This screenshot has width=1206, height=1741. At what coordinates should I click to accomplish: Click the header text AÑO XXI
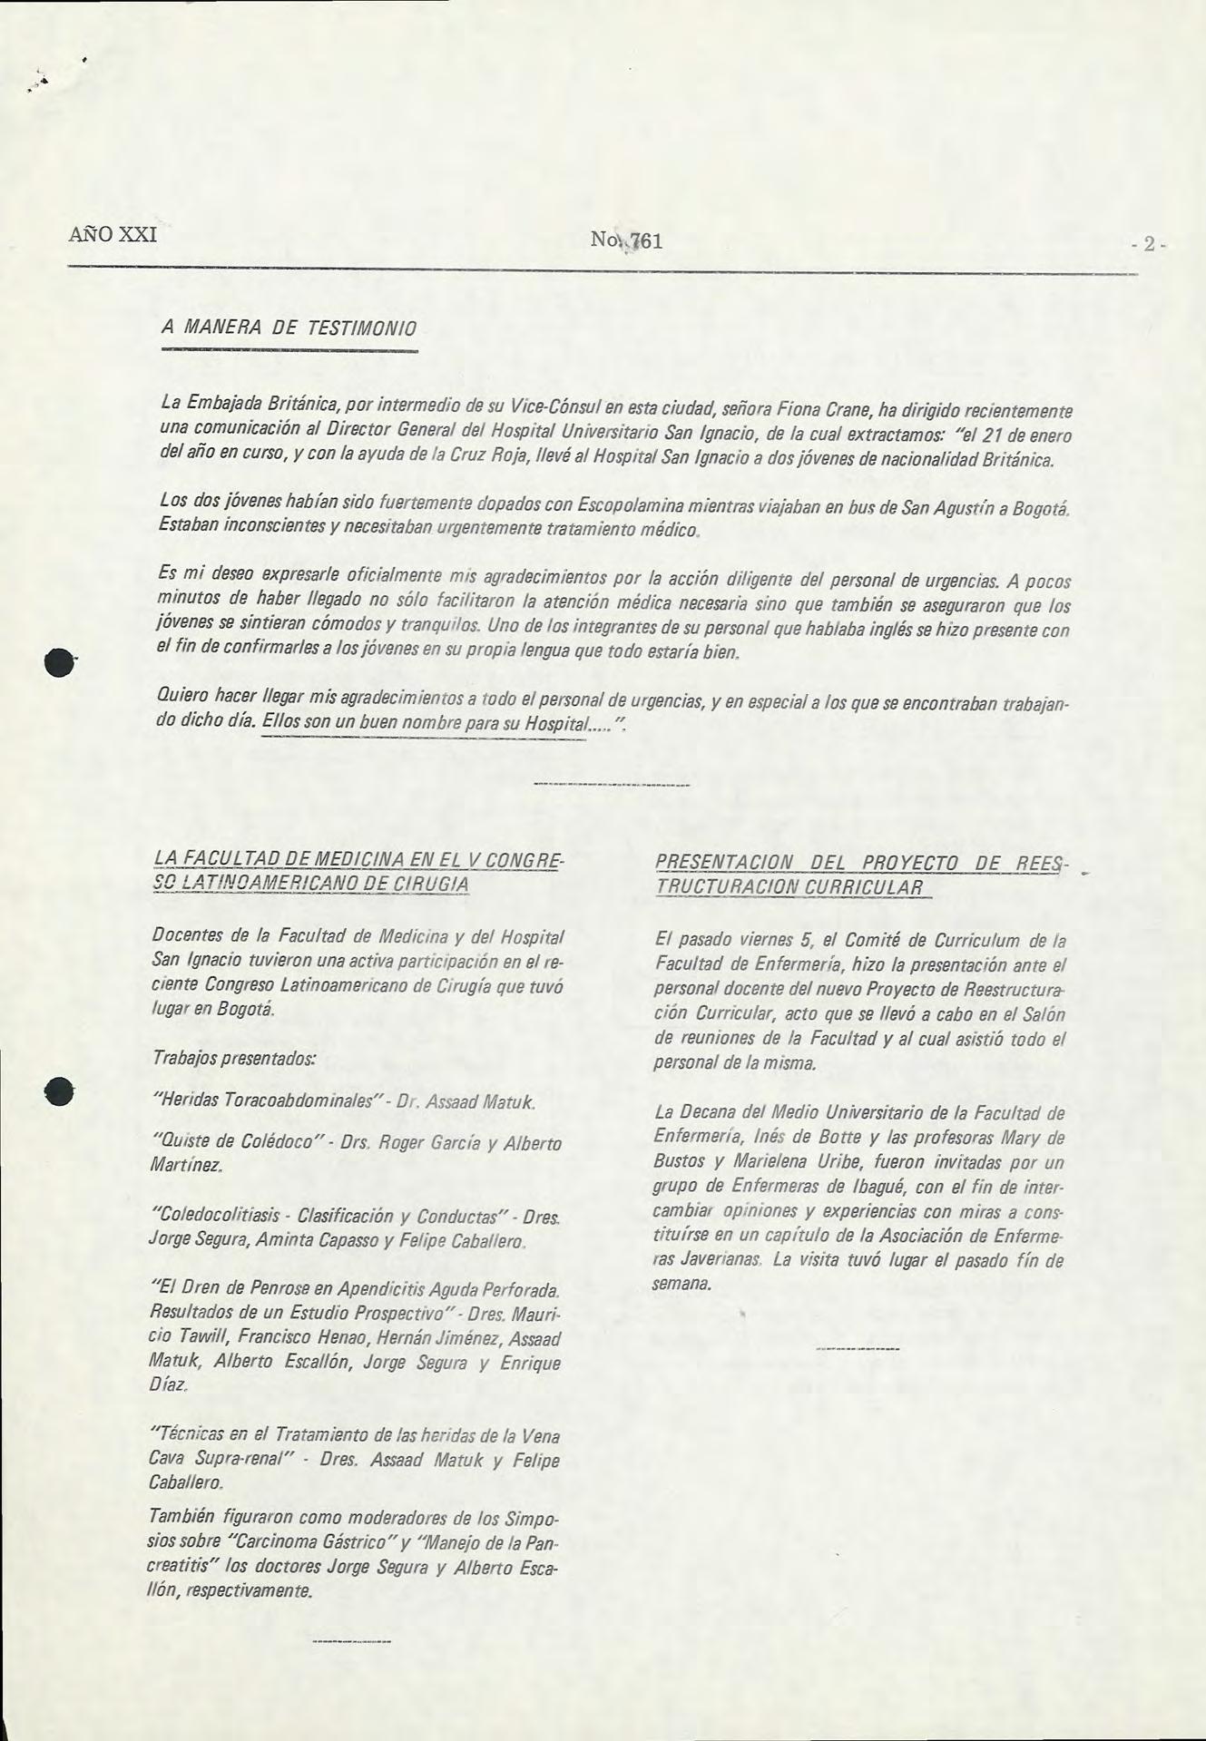point(113,234)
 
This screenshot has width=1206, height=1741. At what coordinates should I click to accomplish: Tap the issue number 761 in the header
point(646,241)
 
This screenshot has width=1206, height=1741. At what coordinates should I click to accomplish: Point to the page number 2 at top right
point(1149,244)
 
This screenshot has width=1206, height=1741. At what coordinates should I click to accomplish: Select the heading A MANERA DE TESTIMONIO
point(288,327)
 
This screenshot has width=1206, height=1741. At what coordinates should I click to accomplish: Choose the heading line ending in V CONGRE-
point(359,859)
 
